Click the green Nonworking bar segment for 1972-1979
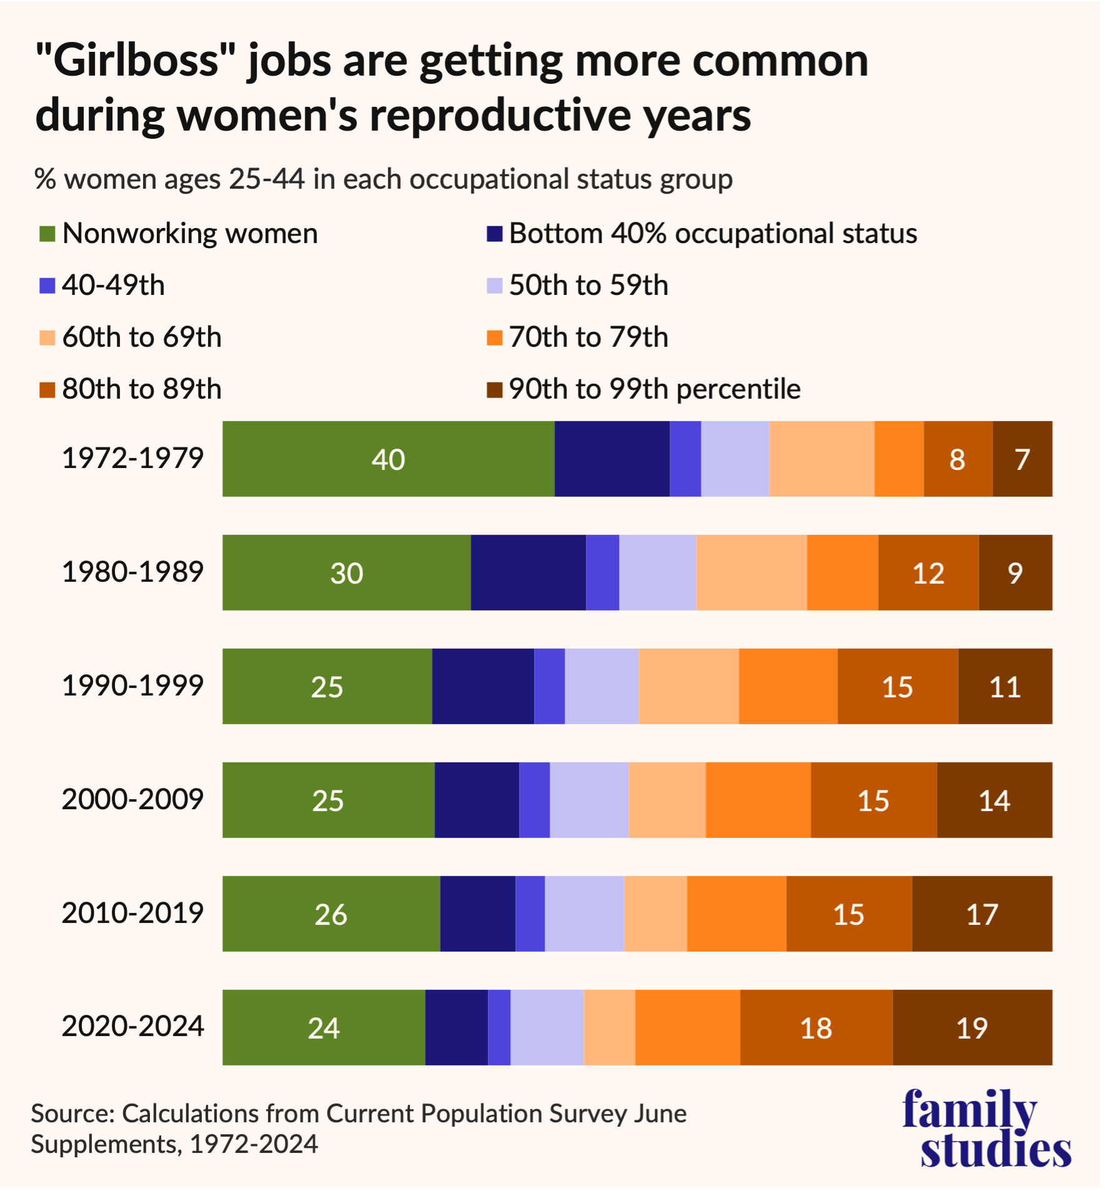388,459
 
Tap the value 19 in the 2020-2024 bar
971,1028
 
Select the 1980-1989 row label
132,572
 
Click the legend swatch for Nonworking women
47,234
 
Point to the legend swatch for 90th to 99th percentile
495,390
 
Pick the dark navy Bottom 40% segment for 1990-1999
483,686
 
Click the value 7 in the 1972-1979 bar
1022,459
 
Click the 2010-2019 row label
132,913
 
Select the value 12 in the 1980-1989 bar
928,573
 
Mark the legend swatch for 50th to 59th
495,286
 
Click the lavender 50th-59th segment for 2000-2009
589,800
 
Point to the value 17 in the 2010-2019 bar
982,914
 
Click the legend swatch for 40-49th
47,286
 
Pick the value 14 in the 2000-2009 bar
994,800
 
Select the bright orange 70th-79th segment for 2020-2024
688,1027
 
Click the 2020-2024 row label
132,1026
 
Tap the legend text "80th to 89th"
142,389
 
